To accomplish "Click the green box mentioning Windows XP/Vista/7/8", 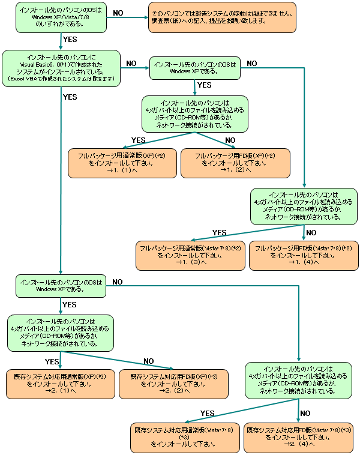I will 61,17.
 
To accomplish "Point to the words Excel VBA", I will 25,79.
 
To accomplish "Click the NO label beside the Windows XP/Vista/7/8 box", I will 118,13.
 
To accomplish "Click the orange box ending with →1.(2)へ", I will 235,163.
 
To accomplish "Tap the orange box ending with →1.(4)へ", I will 303,255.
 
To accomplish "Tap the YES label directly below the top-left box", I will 70,40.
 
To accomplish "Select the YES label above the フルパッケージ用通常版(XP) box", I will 139,140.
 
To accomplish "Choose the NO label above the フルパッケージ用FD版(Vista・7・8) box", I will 310,232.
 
